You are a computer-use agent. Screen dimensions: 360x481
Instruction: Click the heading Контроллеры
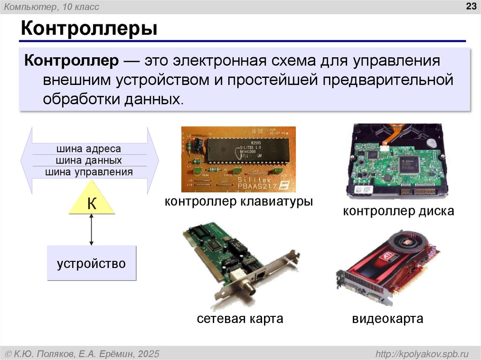coord(88,29)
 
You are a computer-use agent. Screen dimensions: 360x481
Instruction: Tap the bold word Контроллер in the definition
coord(73,61)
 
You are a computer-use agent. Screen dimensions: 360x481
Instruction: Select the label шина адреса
coord(89,149)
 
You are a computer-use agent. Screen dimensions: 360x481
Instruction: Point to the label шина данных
coord(89,161)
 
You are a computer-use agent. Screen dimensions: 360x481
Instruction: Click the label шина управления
coord(89,172)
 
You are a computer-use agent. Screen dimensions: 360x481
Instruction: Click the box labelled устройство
coord(92,263)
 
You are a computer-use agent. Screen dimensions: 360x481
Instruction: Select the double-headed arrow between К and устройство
coord(92,230)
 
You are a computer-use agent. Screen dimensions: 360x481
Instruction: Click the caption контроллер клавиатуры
coord(239,202)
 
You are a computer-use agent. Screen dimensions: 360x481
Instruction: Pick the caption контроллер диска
coord(398,211)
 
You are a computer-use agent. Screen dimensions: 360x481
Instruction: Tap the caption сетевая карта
coord(240,319)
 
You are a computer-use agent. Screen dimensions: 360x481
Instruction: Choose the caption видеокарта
coord(388,319)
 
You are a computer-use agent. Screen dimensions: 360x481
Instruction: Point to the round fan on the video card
coord(409,242)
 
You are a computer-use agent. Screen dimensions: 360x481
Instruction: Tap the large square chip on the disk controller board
coord(408,163)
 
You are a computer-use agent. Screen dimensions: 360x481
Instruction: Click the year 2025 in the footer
coord(148,353)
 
